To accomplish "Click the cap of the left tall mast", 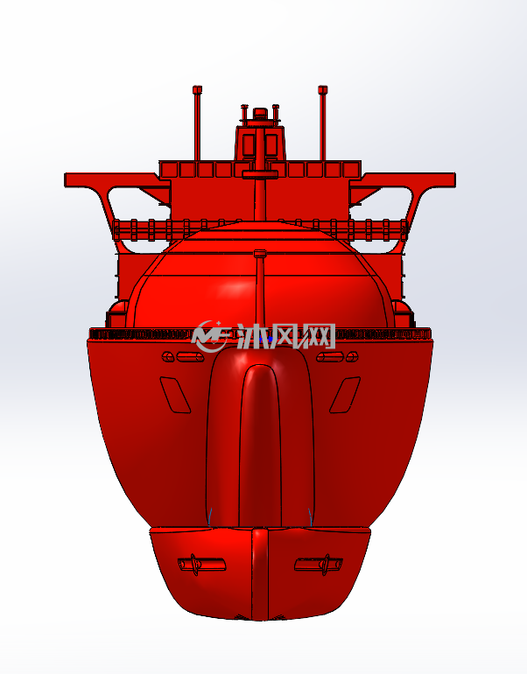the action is [x=197, y=90].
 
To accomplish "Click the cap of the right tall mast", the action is [x=323, y=90].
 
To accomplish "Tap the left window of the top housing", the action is [x=249, y=145].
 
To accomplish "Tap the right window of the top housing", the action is [x=271, y=145].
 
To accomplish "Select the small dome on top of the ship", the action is [x=260, y=113].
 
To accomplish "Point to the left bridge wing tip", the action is [x=68, y=179].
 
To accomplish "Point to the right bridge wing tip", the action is [x=453, y=179].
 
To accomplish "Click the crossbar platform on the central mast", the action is [x=260, y=174].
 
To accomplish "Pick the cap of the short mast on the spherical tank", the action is [x=260, y=254].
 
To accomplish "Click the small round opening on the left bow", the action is [x=168, y=357].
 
